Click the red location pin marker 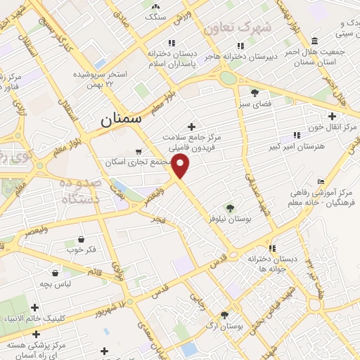pos(181,167)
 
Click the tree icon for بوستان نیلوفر pos(230,207)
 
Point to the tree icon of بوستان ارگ pos(225,315)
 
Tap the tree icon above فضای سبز pos(254,91)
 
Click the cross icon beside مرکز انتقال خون pos(332,116)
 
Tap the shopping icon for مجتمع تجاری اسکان pos(139,151)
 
